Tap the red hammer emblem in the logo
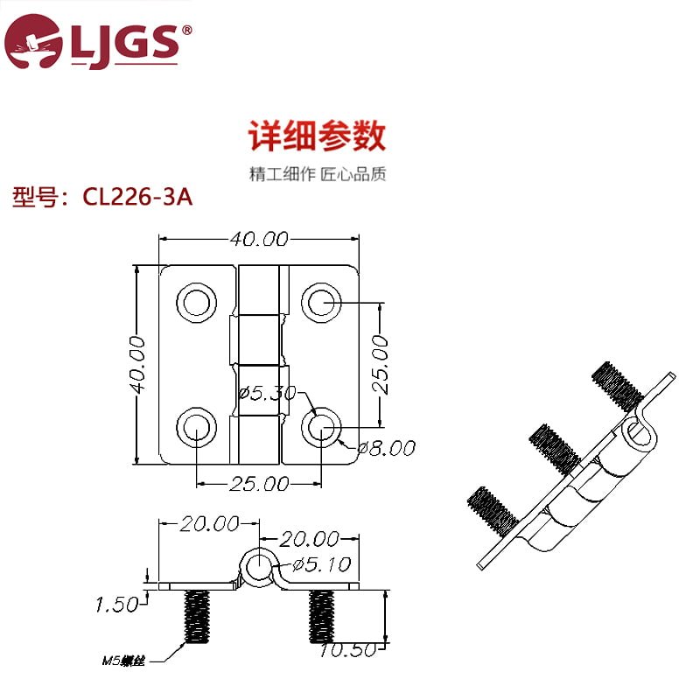tap(33, 41)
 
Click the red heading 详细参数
tap(317, 136)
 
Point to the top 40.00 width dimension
tap(259, 239)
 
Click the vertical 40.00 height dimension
tap(137, 365)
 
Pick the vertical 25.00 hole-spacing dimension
tap(380, 364)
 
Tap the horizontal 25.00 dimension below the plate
tap(259, 484)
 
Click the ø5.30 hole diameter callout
tap(268, 393)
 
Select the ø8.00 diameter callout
tap(387, 448)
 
